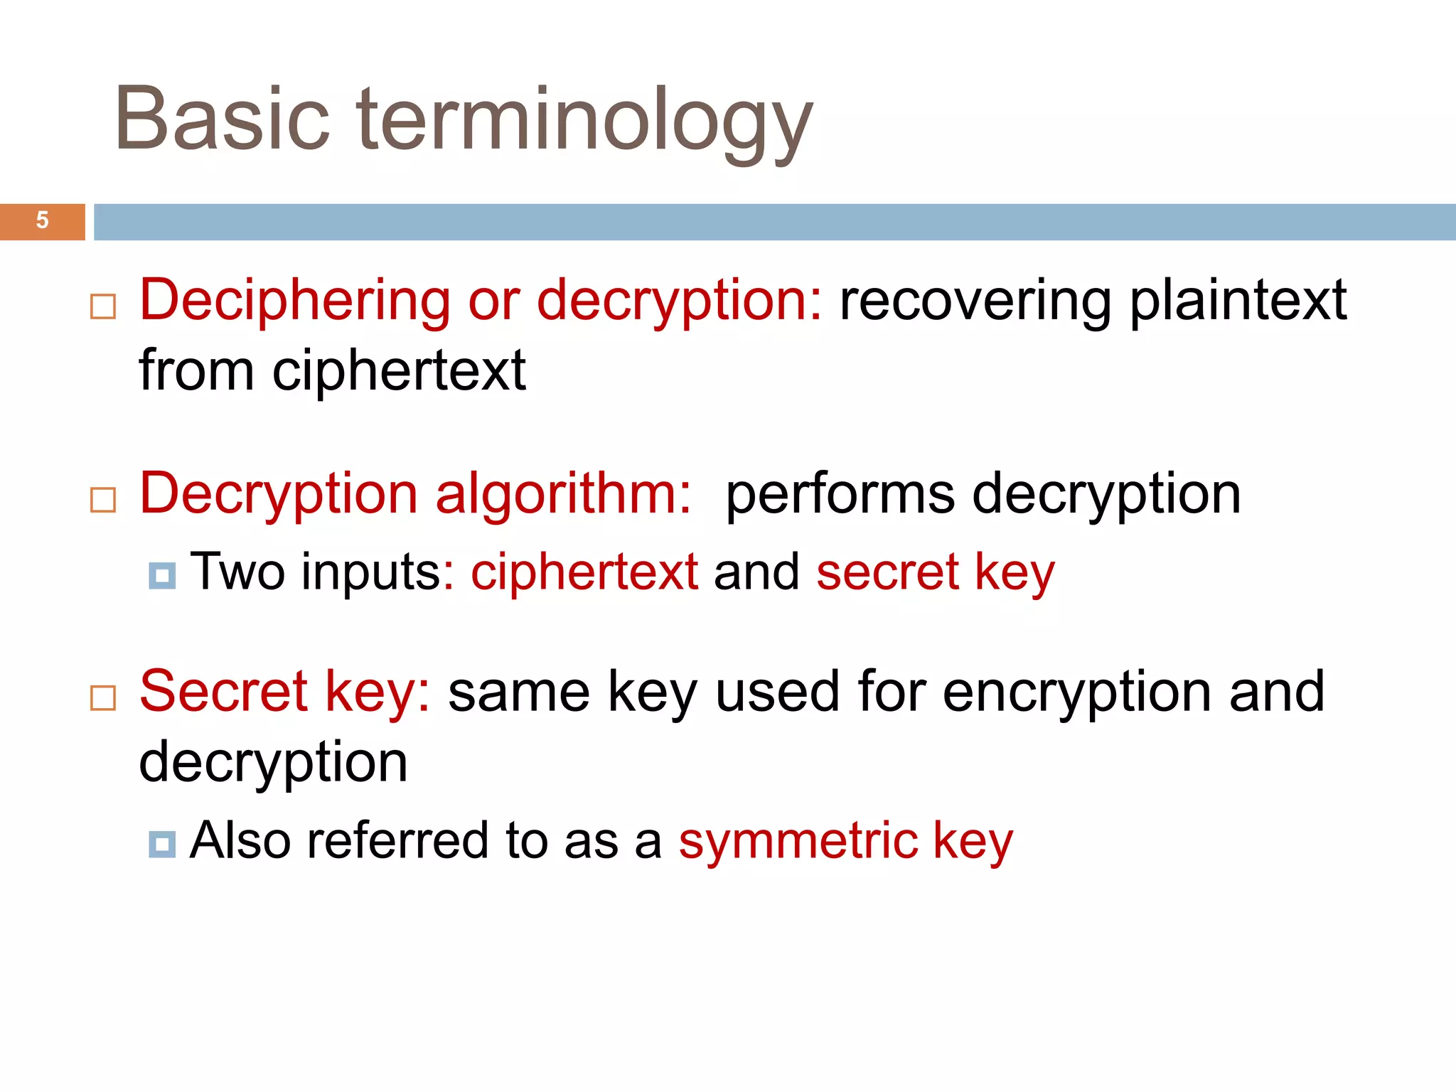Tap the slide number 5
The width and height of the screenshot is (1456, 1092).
[43, 220]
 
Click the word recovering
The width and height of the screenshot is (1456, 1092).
[975, 301]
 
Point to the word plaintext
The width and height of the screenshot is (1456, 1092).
[1238, 301]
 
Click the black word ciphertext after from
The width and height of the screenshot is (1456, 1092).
[399, 370]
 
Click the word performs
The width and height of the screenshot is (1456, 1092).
[840, 496]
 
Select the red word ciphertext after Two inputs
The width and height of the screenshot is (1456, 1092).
[584, 572]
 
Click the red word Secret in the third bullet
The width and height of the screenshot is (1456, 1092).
[223, 691]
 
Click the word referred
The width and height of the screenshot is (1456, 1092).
[397, 840]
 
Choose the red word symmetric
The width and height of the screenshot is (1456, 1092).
[798, 842]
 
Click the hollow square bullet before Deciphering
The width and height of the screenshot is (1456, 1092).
[103, 307]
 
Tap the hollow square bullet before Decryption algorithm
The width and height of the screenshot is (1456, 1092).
[103, 500]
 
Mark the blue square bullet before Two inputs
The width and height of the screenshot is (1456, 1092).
[162, 576]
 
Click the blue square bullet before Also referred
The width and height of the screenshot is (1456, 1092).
[162, 845]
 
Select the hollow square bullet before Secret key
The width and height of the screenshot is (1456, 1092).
[103, 698]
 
